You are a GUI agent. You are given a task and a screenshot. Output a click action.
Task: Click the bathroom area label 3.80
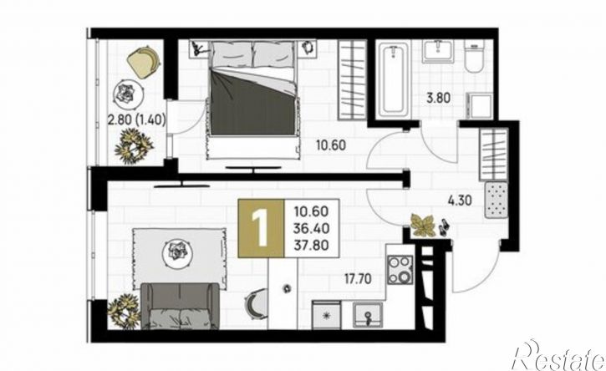pyautogui.click(x=438, y=98)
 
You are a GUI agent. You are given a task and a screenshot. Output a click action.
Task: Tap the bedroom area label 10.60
pyautogui.click(x=331, y=145)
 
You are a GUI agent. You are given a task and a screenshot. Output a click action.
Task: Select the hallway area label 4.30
pyautogui.click(x=460, y=201)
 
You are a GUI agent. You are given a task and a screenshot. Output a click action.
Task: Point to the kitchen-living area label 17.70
pyautogui.click(x=358, y=278)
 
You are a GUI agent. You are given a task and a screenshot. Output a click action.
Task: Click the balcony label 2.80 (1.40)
pyautogui.click(x=137, y=120)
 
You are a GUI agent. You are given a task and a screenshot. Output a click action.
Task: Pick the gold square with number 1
pyautogui.click(x=261, y=228)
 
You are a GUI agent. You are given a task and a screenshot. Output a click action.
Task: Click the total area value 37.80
pyautogui.click(x=312, y=245)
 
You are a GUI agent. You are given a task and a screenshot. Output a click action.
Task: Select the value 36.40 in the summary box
pyautogui.click(x=312, y=228)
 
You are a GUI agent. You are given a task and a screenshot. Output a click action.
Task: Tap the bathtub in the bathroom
pyautogui.click(x=393, y=79)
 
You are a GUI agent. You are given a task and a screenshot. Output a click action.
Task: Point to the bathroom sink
pyautogui.click(x=437, y=51)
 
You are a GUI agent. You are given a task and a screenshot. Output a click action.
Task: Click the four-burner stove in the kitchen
pyautogui.click(x=400, y=270)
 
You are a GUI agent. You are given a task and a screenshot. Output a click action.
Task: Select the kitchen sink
pyautogui.click(x=368, y=315)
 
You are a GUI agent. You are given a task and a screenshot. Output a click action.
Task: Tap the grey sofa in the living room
pyautogui.click(x=180, y=306)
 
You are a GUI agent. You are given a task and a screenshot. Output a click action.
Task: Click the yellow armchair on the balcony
pyautogui.click(x=144, y=62)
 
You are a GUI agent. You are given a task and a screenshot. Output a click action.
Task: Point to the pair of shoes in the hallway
pyautogui.click(x=443, y=227)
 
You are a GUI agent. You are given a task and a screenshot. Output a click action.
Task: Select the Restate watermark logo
pyautogui.click(x=558, y=356)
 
